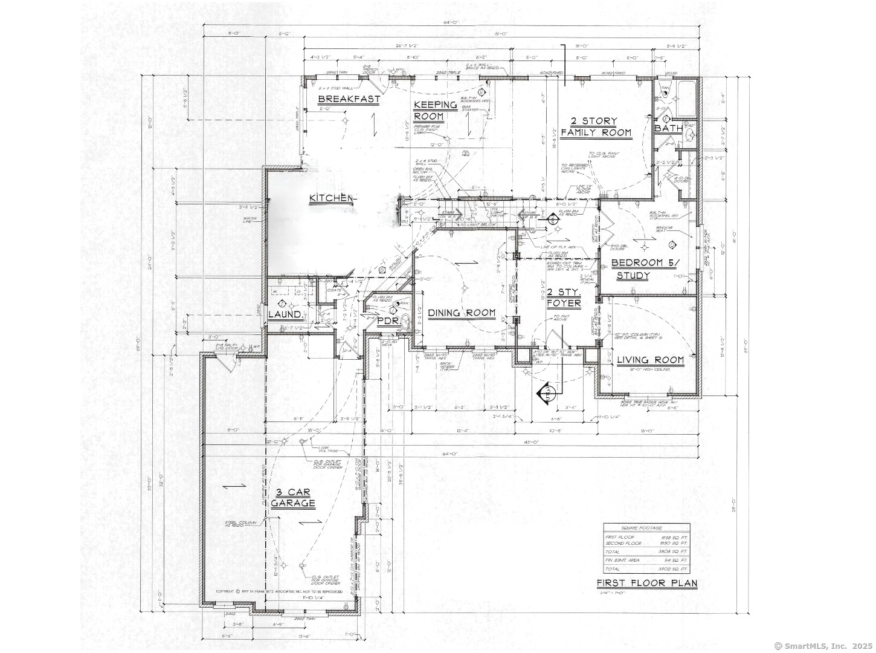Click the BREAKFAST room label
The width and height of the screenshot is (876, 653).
coord(349,99)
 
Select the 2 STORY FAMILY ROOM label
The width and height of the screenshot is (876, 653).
coord(596,127)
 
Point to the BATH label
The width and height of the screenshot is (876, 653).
coord(668,128)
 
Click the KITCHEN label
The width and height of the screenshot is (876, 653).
coord(331,198)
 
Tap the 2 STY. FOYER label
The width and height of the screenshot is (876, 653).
coord(563,297)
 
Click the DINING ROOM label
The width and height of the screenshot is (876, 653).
coord(462,313)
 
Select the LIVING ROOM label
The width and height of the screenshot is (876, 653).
coord(650,360)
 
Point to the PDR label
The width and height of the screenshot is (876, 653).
coord(388,320)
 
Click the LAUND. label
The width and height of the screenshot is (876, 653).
coord(285,315)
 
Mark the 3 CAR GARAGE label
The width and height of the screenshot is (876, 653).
coord(293,498)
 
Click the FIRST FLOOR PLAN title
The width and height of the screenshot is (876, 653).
coord(646,583)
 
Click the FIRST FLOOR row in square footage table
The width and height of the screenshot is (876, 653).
coord(646,537)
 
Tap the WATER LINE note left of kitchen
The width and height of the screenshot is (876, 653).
coord(251,219)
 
